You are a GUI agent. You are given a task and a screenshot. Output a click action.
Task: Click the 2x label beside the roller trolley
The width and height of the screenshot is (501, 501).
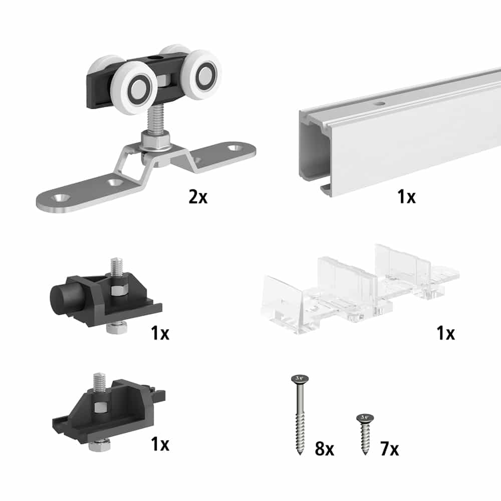[x=198, y=197]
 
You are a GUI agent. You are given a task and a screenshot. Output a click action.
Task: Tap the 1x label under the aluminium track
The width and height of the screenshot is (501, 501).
[x=406, y=197]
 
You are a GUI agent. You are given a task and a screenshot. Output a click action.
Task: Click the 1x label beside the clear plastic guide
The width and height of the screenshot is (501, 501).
[x=445, y=333]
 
